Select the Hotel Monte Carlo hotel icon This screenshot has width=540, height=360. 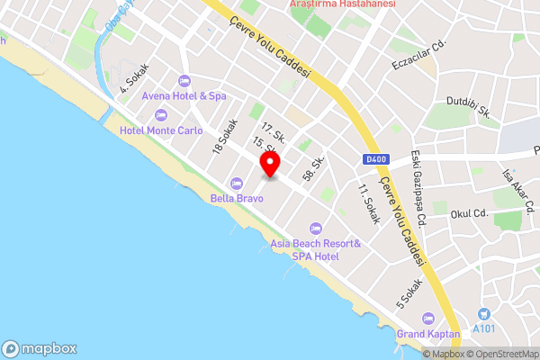161,115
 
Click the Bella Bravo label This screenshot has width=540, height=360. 237,197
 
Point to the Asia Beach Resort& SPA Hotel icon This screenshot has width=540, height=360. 315,227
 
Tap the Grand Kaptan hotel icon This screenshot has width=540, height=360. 428,319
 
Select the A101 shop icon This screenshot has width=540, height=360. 484,313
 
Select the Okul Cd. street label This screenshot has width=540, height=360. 468,214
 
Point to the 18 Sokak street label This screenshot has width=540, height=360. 224,137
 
